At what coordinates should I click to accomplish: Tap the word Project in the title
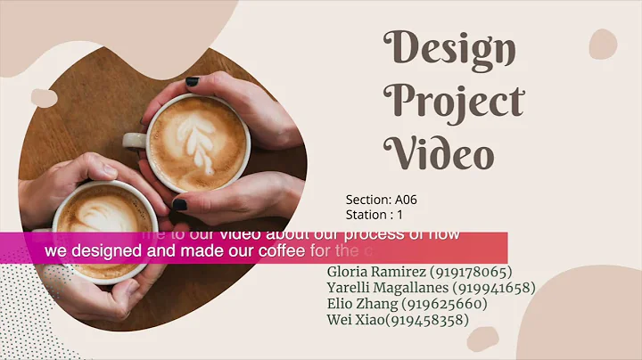click(x=453, y=102)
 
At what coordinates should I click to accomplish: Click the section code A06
click(x=406, y=200)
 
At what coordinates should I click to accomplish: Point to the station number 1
click(x=400, y=215)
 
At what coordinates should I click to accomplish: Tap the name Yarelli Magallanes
click(x=388, y=288)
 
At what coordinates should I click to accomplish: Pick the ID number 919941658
click(x=494, y=288)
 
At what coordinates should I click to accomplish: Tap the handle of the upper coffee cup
click(x=135, y=139)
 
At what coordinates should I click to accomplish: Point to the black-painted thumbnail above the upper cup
click(x=192, y=81)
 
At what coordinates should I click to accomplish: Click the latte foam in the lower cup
click(x=102, y=217)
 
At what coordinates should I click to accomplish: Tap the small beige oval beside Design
click(x=603, y=44)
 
